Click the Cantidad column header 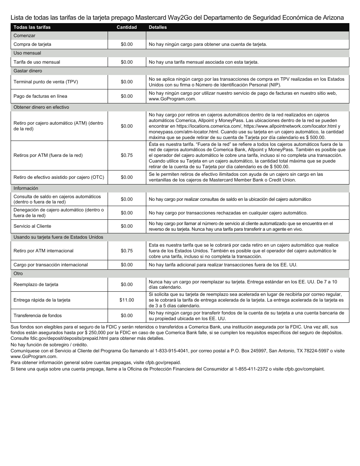tap(127, 27)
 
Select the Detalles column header tap(158, 27)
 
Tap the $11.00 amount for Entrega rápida tap(127, 300)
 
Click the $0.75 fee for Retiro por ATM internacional tap(127, 251)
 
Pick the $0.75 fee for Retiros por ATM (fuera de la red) tap(127, 155)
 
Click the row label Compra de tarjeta tap(32, 44)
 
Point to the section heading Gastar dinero tap(28, 71)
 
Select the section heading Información tap(26, 188)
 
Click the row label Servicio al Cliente tap(32, 226)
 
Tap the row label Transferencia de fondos tap(38, 316)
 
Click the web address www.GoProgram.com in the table tap(172, 99)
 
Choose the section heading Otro tap(18, 274)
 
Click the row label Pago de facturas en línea tap(40, 96)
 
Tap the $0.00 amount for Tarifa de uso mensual tap(127, 62)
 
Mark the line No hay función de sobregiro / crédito tap(49, 345)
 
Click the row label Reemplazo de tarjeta tap(36, 285)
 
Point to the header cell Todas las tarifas tap(32, 27)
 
